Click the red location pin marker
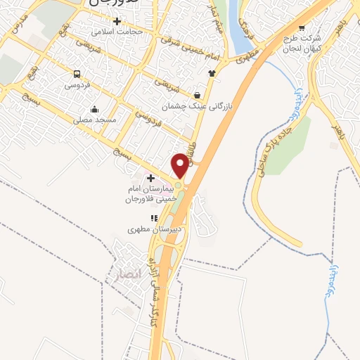tap(180, 165)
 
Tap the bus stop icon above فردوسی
tap(77, 74)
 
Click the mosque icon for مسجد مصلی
tap(95, 109)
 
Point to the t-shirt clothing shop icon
tap(210, 72)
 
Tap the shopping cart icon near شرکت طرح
tap(302, 28)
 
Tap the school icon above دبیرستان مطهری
tap(154, 217)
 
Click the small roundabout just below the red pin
tap(179, 186)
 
